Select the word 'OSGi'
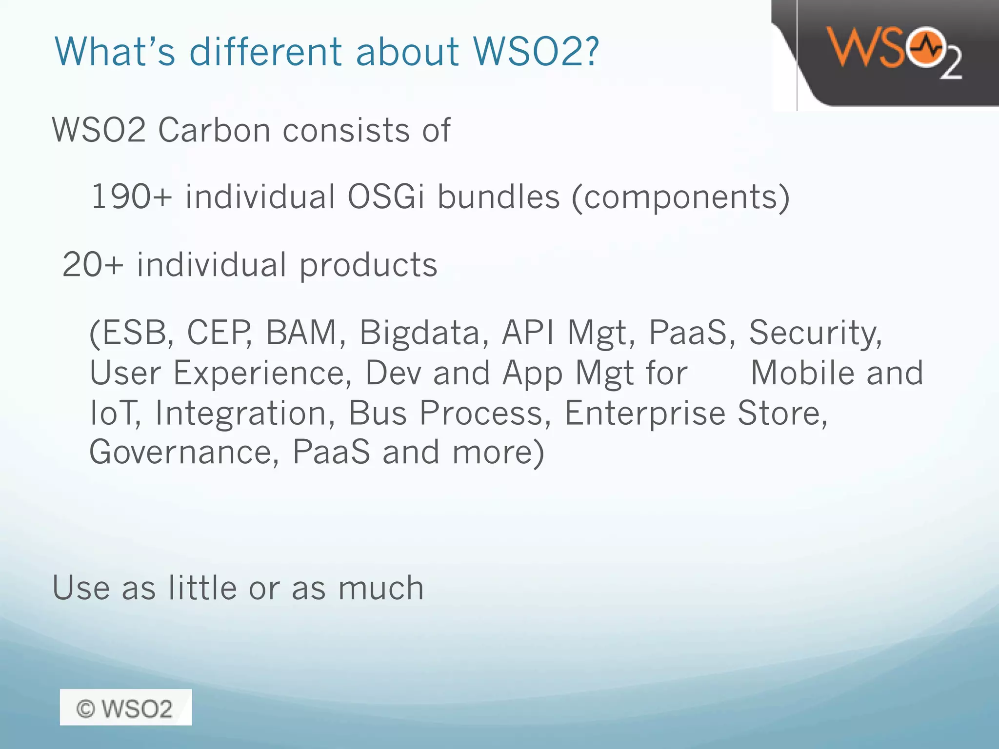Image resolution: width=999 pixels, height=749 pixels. (x=386, y=197)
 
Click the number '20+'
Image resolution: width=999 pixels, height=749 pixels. (x=93, y=265)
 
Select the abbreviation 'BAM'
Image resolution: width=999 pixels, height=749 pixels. (x=301, y=333)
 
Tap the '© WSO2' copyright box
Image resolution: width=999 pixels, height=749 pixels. (x=125, y=708)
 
